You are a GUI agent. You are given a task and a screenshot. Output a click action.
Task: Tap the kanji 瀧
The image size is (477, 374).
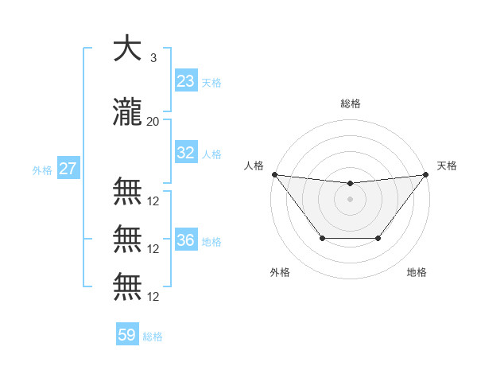pyautogui.click(x=127, y=111)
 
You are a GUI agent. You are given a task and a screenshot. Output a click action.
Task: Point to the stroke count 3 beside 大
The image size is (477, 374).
pyautogui.click(x=153, y=58)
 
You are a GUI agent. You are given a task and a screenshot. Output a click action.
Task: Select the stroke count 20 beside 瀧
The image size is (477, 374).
pyautogui.click(x=153, y=121)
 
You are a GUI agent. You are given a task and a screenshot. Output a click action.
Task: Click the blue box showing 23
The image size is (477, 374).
pyautogui.click(x=186, y=81)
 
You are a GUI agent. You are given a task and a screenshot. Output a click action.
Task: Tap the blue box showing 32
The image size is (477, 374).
pyautogui.click(x=186, y=153)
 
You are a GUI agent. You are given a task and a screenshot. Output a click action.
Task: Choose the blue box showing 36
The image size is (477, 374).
pyautogui.click(x=186, y=240)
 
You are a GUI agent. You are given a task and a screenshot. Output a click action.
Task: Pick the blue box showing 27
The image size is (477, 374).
pyautogui.click(x=68, y=169)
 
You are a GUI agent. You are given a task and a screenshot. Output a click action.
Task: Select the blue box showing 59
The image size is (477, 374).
pyautogui.click(x=127, y=335)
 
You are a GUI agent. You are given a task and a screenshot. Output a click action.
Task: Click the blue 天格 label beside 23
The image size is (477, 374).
pyautogui.click(x=211, y=82)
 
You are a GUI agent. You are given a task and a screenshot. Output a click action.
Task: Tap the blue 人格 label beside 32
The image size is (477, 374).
pyautogui.click(x=211, y=154)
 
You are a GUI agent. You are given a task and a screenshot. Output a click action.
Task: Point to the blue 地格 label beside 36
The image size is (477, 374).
pyautogui.click(x=211, y=241)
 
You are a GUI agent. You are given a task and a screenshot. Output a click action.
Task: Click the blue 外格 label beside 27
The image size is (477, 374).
pyautogui.click(x=42, y=169)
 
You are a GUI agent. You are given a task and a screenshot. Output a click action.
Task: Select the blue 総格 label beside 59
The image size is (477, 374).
pyautogui.click(x=153, y=336)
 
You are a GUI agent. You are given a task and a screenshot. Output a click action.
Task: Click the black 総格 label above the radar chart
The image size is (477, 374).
pyautogui.click(x=350, y=103)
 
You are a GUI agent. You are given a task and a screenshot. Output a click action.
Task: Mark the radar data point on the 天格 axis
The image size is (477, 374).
pyautogui.click(x=425, y=174)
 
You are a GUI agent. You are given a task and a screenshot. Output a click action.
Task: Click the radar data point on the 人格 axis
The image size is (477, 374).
pyautogui.click(x=274, y=174)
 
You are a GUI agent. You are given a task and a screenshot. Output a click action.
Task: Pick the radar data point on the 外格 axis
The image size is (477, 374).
pyautogui.click(x=322, y=238)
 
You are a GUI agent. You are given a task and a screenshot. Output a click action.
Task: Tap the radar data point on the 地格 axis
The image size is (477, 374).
pyautogui.click(x=378, y=238)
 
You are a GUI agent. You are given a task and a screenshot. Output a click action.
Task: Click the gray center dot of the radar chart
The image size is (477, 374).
pyautogui.click(x=350, y=198)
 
